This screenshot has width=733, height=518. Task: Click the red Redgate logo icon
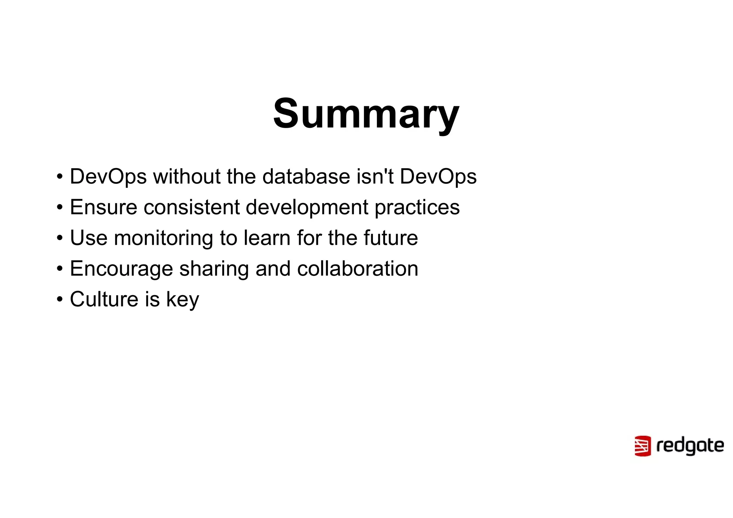pyautogui.click(x=642, y=446)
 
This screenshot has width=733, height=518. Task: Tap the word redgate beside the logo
pyautogui.click(x=690, y=446)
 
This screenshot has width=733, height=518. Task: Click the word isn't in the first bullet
pyautogui.click(x=375, y=177)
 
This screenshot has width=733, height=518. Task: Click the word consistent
pyautogui.click(x=191, y=207)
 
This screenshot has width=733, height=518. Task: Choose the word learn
pyautogui.click(x=267, y=238)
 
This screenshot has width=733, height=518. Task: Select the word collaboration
pyautogui.click(x=358, y=269)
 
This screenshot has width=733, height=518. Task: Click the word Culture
pyautogui.click(x=104, y=299)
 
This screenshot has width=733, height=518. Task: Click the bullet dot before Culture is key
pyautogui.click(x=60, y=299)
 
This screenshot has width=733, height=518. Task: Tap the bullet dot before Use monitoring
pyautogui.click(x=60, y=238)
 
